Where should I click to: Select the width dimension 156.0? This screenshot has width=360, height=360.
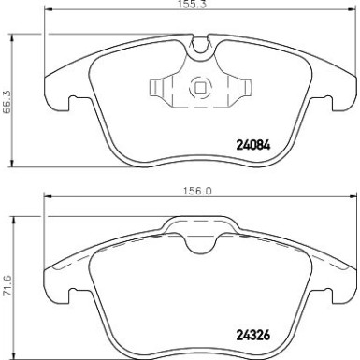pos(194,188)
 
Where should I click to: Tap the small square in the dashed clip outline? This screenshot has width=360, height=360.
pos(199,91)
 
